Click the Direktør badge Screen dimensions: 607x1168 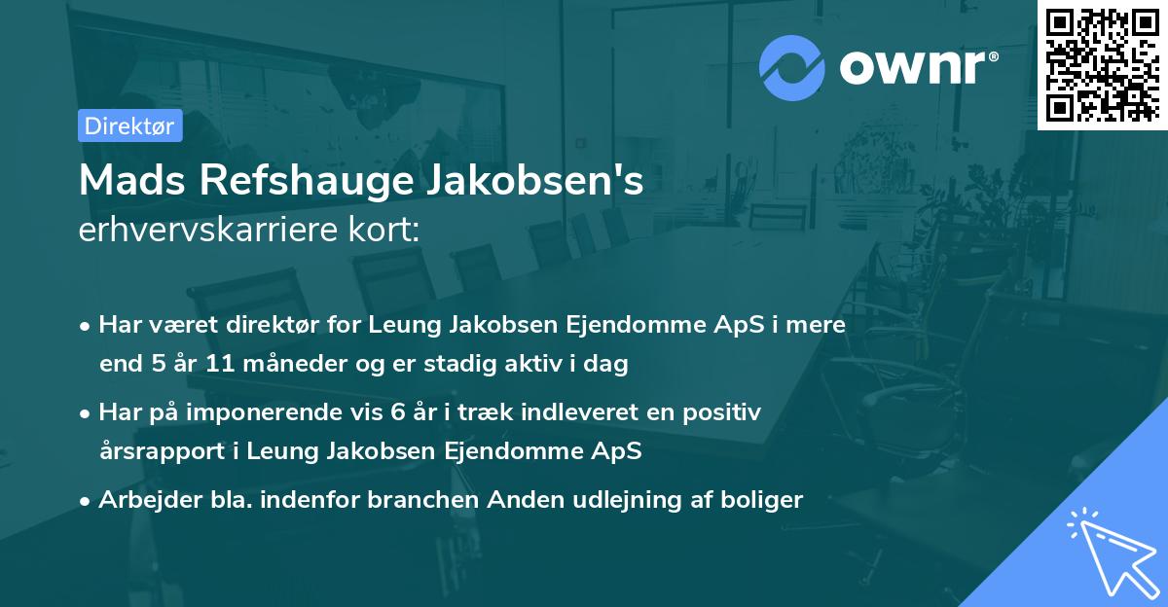click(x=129, y=125)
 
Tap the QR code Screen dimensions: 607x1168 click(x=1101, y=65)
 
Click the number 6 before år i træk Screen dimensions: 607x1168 click(x=397, y=412)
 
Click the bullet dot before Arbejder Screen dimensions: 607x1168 click(x=87, y=501)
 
